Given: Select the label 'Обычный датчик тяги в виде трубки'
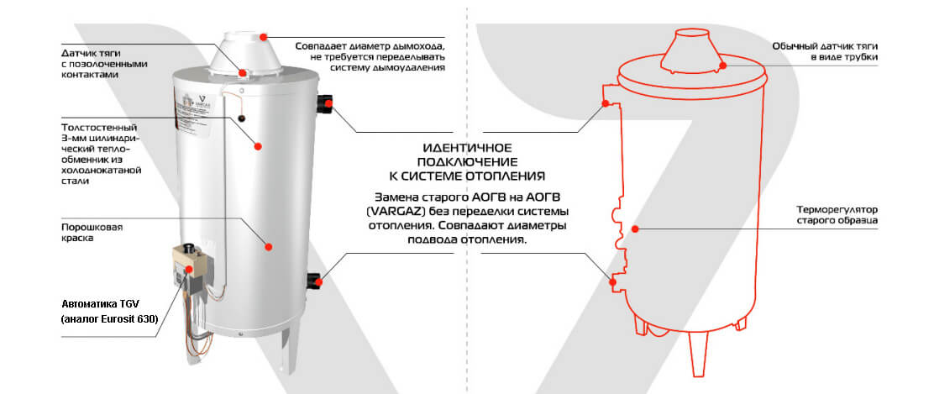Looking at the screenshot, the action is (825, 51).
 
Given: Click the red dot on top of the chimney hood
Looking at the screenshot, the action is (263, 37).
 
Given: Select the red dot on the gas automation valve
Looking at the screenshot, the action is (190, 269).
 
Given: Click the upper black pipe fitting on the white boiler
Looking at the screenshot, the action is (325, 103).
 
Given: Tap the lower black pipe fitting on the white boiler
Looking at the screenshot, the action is (314, 280).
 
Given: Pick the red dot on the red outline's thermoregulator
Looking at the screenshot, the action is (635, 229).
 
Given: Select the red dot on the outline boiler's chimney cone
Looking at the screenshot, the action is (722, 65).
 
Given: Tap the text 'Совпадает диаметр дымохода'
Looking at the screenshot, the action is (370, 46).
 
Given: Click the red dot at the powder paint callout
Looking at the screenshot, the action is (268, 246).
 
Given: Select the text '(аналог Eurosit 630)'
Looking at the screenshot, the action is (109, 319).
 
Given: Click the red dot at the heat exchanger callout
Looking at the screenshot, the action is (258, 145).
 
